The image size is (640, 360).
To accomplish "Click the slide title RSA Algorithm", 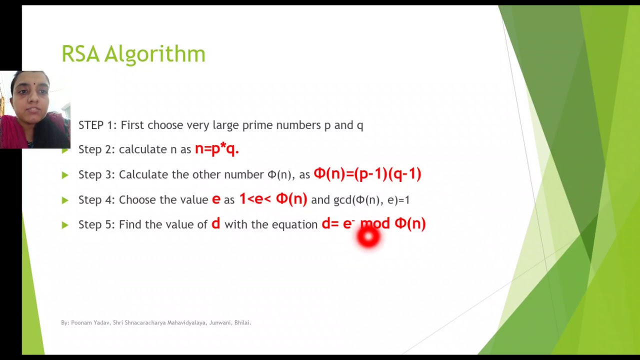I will click(133, 54).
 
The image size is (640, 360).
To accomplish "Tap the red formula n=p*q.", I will click(216, 148).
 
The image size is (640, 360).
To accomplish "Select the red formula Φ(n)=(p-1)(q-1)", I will click(367, 173).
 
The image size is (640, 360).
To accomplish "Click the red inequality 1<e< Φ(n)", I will click(273, 198).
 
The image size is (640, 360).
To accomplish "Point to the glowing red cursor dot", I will click(368, 238).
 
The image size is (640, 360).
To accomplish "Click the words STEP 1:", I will click(97, 125).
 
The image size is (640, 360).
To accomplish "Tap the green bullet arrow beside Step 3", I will click(65, 175).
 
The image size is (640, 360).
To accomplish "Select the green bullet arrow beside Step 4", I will click(65, 200).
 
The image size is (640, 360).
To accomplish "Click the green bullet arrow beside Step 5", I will click(65, 225).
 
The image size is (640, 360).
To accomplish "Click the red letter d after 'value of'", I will click(215, 223).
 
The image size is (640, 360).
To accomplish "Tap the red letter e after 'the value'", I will click(216, 199).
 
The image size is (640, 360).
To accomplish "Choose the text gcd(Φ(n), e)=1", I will click(371, 200).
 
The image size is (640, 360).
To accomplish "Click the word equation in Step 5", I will click(294, 225).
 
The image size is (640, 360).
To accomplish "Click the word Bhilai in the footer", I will click(242, 323).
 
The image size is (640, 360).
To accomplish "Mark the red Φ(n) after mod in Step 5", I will click(410, 223).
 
